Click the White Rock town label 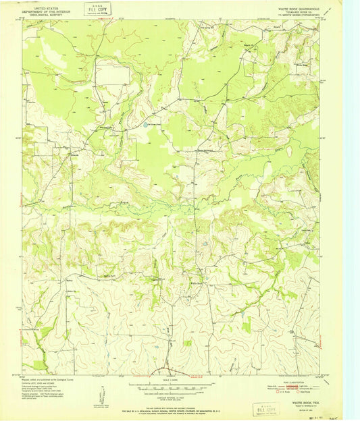point(196,283)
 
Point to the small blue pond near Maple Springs point(149,124)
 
